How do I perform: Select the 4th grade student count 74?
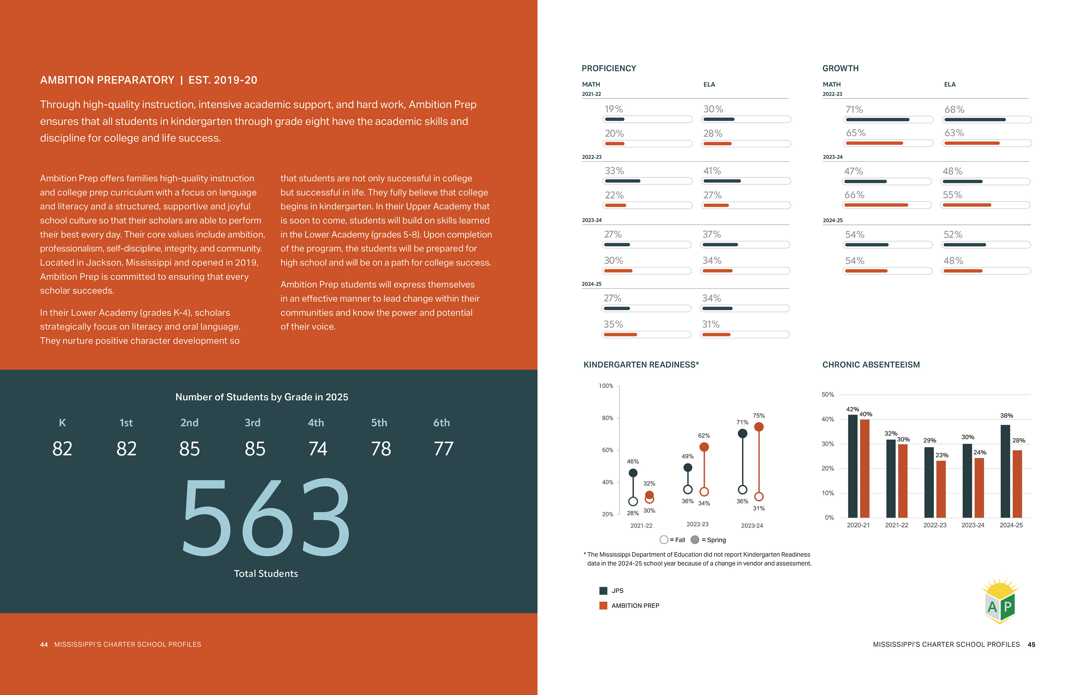pyautogui.click(x=317, y=449)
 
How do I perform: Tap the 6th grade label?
pyautogui.click(x=441, y=423)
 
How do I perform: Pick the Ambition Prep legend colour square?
pyautogui.click(x=603, y=606)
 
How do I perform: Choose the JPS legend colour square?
pyautogui.click(x=603, y=591)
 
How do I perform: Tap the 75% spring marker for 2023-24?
pyautogui.click(x=759, y=427)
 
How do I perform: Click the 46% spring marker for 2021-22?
pyautogui.click(x=633, y=472)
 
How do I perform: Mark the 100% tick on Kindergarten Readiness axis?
pyautogui.click(x=606, y=386)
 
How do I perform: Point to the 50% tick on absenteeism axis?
pyautogui.click(x=828, y=394)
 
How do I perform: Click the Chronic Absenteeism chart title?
pyautogui.click(x=871, y=365)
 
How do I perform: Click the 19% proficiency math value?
pyautogui.click(x=613, y=109)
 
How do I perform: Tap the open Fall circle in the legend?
pyautogui.click(x=663, y=540)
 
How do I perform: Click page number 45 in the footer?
pyautogui.click(x=1031, y=644)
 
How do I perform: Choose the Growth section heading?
pyautogui.click(x=840, y=68)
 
